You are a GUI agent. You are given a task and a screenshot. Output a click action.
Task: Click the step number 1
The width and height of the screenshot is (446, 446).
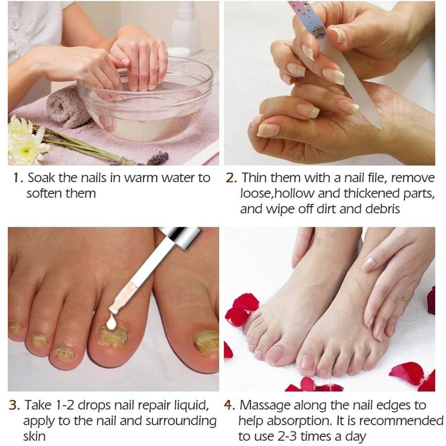click(16, 178)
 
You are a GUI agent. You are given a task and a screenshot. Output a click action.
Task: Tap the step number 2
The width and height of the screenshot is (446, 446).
click(231, 178)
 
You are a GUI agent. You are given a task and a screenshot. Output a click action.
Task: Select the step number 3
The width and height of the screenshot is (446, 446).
click(15, 406)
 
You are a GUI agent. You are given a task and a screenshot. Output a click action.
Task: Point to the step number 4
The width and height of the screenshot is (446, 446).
click(229, 406)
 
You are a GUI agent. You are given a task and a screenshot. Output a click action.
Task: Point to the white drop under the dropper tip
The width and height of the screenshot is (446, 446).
click(111, 321)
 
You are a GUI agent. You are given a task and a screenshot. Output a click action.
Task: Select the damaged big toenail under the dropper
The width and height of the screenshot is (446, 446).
click(113, 337)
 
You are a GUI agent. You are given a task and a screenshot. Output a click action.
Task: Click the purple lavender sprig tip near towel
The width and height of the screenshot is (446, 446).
click(157, 158)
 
